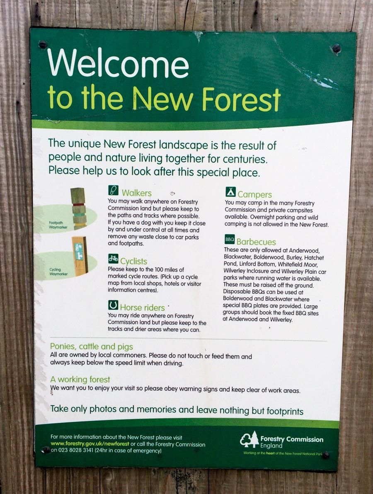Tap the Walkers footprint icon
click(x=113, y=190)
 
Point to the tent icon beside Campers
click(x=230, y=192)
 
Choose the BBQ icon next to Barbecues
click(x=230, y=239)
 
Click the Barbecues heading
click(x=256, y=242)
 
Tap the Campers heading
click(x=254, y=194)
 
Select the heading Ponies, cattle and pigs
click(x=92, y=346)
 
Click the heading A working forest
click(x=80, y=379)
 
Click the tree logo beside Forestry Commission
click(x=249, y=439)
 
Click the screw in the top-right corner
click(x=337, y=48)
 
